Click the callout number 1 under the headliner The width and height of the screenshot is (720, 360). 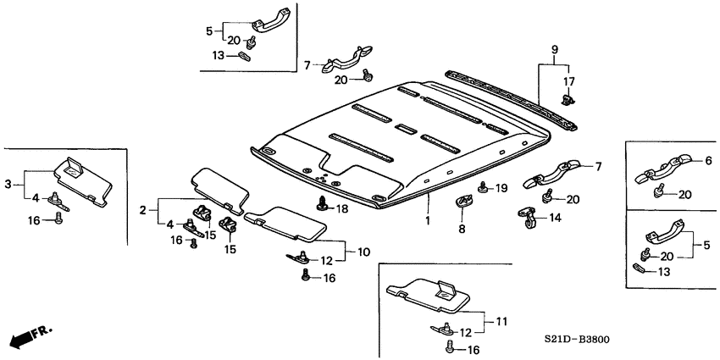(428, 220)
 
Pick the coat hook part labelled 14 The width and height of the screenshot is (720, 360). (528, 219)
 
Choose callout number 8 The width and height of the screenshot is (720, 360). (462, 229)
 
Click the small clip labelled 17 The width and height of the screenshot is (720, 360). (567, 101)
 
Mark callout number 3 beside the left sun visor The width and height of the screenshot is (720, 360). (8, 183)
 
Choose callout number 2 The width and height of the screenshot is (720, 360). (143, 208)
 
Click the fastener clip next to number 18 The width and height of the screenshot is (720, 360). (322, 203)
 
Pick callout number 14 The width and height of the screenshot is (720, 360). (554, 217)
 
